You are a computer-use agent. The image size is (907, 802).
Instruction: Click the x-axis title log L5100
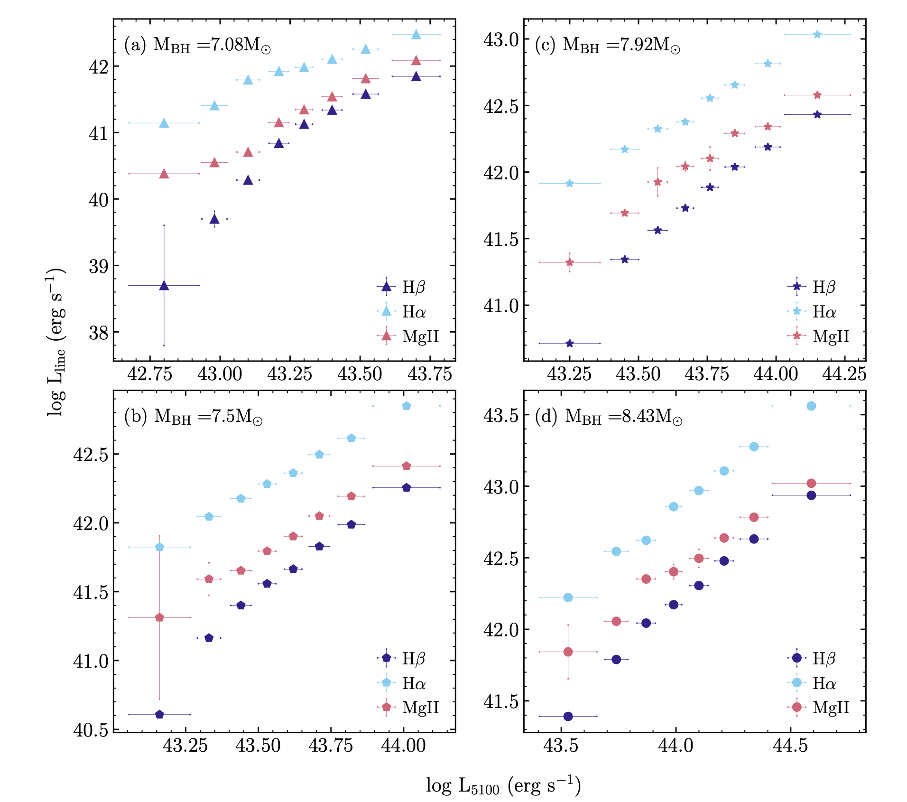point(503,785)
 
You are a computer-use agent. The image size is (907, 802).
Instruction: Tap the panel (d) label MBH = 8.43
point(609,417)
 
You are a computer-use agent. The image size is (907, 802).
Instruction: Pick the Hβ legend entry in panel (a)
point(413,287)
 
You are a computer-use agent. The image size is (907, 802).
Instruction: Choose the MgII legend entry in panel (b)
point(420,707)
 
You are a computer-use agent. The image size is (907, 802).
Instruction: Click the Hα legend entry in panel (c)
point(824,311)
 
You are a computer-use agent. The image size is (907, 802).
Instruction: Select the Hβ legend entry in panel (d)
point(824,658)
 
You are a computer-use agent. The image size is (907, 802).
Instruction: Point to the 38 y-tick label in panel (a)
point(99,333)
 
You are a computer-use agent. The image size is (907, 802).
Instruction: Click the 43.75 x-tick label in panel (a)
point(430,374)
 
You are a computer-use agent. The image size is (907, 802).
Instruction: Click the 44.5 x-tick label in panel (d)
point(790,746)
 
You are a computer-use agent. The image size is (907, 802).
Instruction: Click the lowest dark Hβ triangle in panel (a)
point(164,285)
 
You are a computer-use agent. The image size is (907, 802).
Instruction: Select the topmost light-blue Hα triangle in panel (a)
point(416,35)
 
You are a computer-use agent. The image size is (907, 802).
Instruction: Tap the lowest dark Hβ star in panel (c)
point(570,343)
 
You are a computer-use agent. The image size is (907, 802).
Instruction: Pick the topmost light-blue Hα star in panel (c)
point(817,35)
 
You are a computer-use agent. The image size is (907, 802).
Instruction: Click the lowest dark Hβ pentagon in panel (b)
point(159,714)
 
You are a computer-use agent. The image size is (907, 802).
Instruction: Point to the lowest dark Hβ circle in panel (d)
point(568,716)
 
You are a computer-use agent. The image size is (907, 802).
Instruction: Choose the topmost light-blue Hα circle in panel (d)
point(811,406)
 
